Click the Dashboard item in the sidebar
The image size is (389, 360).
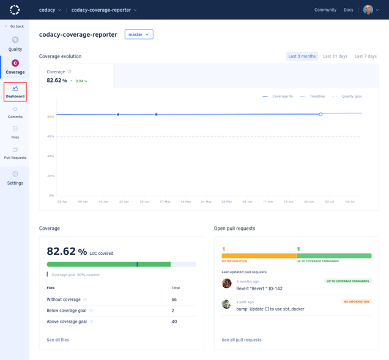[x=15, y=92]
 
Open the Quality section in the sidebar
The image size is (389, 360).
[x=15, y=43]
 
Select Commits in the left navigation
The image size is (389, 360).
[x=15, y=112]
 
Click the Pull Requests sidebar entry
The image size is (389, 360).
[x=15, y=153]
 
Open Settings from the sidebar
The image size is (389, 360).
[x=15, y=178]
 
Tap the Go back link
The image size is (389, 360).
[x=15, y=26]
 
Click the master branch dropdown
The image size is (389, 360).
[x=139, y=34]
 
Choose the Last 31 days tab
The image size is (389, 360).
[x=335, y=56]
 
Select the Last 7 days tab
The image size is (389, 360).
[x=366, y=56]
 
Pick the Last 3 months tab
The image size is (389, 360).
[x=302, y=56]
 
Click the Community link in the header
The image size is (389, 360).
[x=325, y=10]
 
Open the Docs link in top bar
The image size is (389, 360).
[x=348, y=10]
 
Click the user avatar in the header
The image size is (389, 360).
[x=368, y=10]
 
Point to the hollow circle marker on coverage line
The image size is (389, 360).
[x=320, y=114]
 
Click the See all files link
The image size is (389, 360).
[x=57, y=340]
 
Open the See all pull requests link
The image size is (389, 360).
[x=242, y=340]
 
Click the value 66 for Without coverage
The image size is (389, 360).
[x=174, y=299]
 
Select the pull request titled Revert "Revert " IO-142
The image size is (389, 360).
[x=259, y=288]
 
